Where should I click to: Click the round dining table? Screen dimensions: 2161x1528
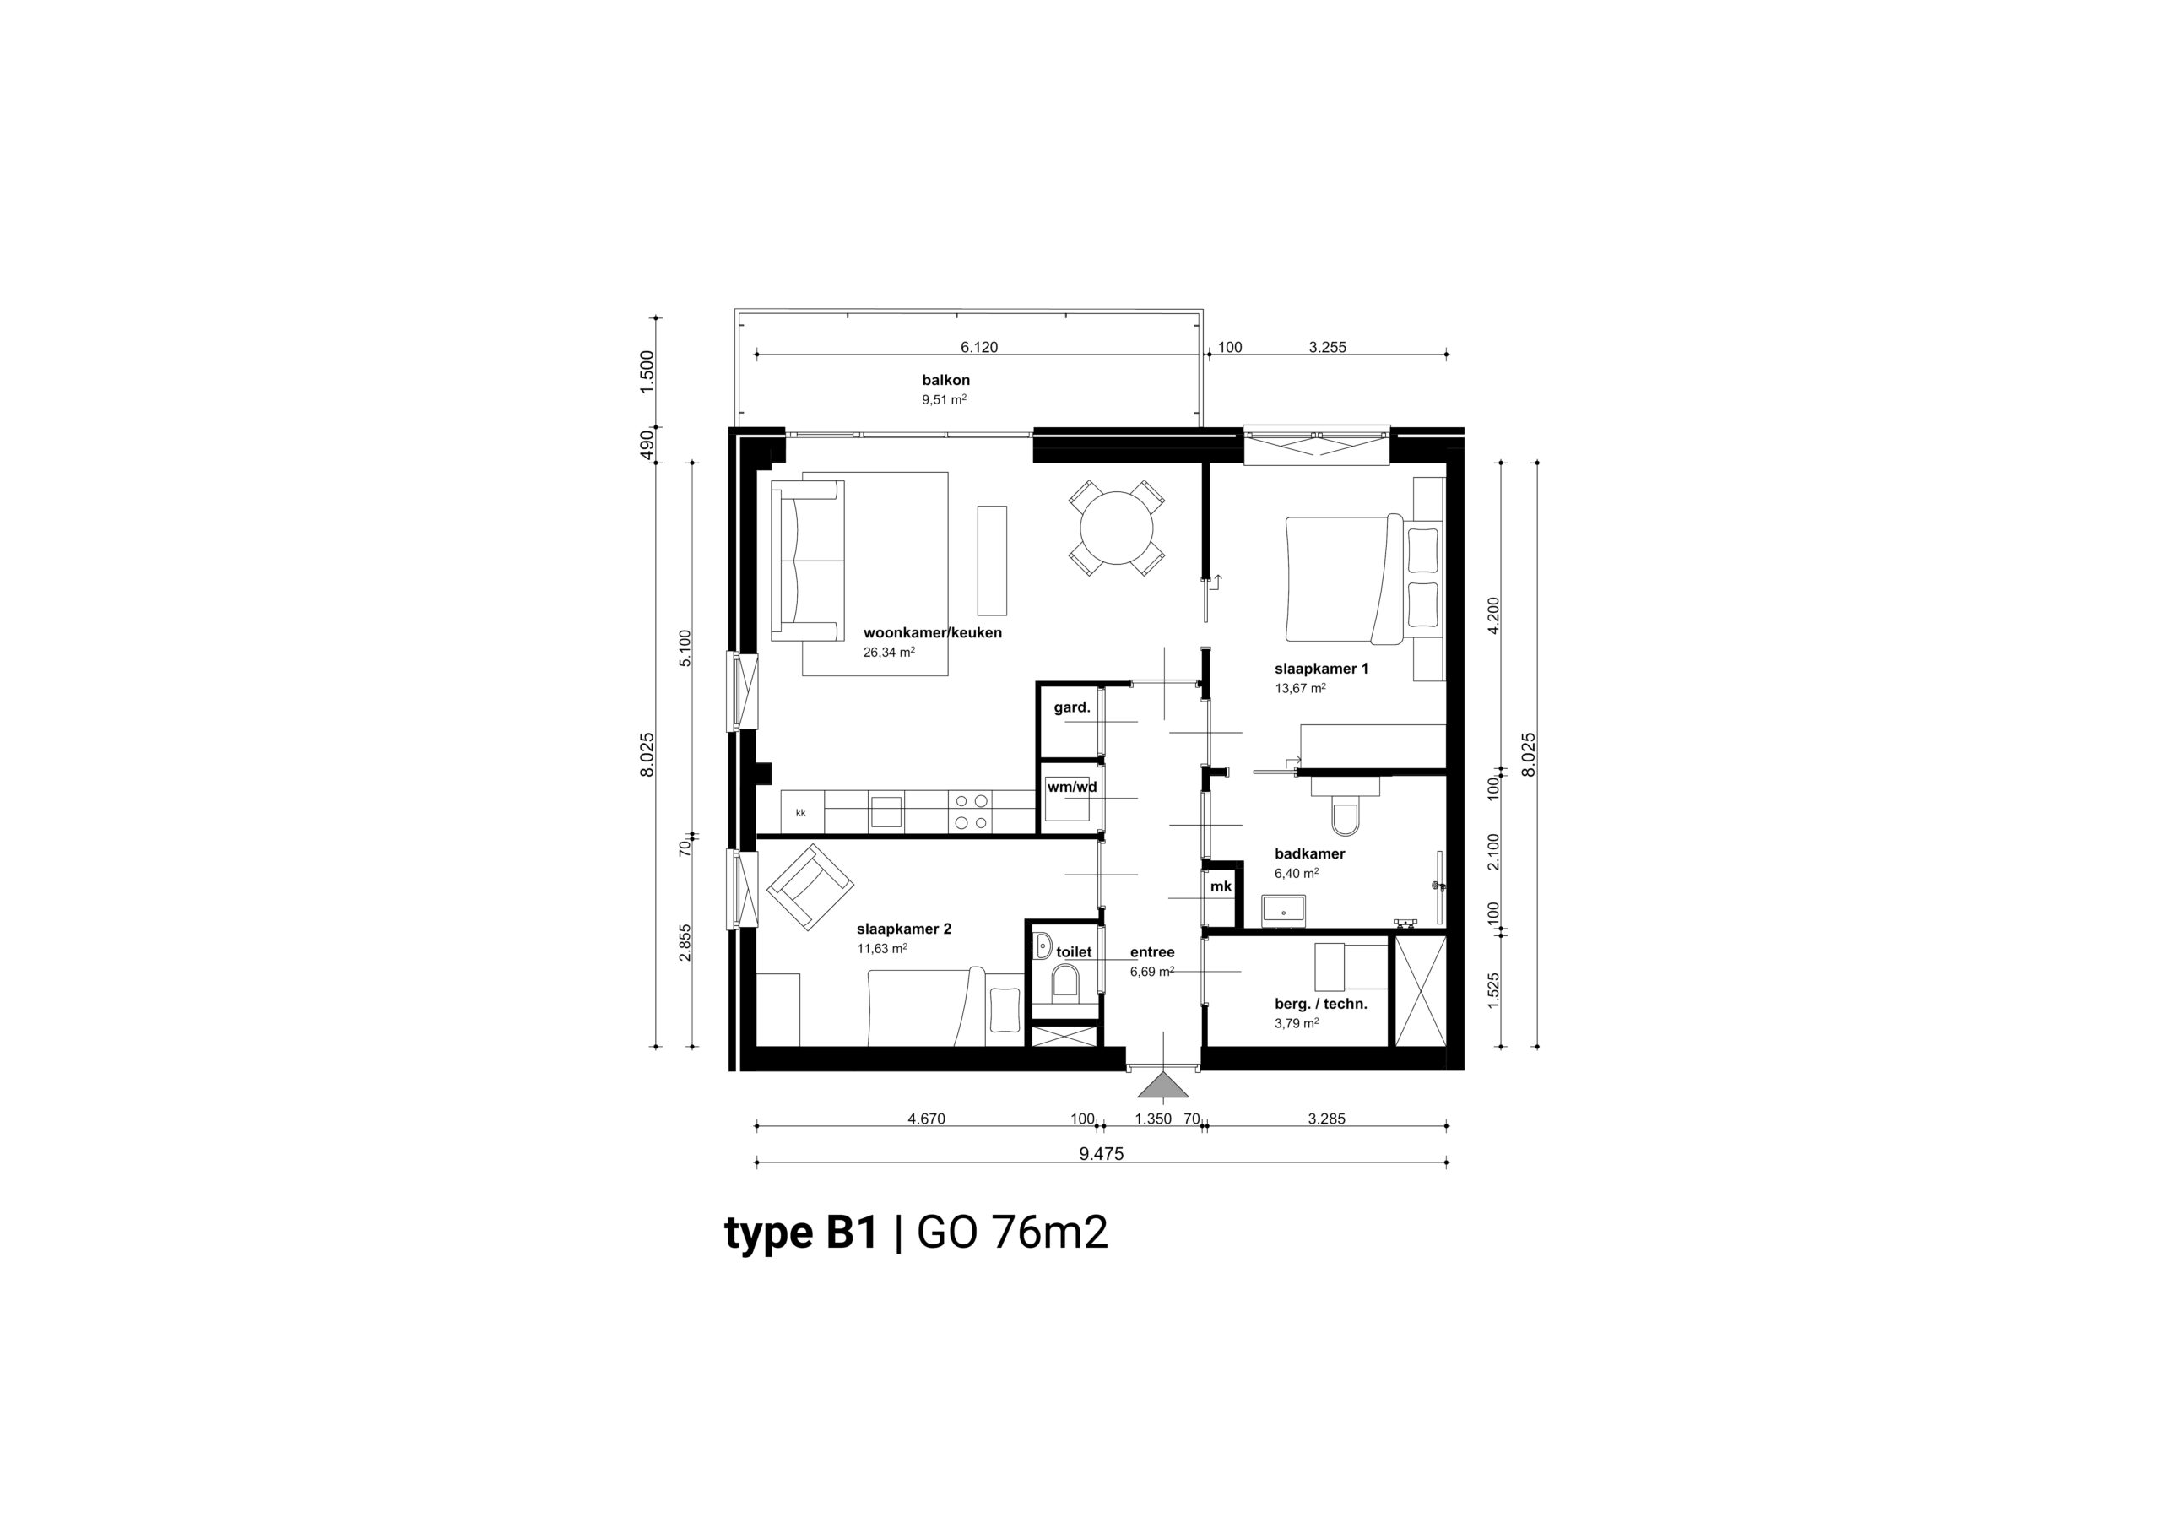(1117, 528)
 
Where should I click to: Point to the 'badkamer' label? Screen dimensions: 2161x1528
(1309, 854)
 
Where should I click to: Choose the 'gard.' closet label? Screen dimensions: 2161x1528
(1072, 707)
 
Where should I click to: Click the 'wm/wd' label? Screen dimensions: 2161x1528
(1072, 787)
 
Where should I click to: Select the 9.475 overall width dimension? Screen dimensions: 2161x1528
(1102, 1154)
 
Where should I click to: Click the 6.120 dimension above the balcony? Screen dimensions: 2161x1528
(979, 348)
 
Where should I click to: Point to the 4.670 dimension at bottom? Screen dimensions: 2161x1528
(926, 1119)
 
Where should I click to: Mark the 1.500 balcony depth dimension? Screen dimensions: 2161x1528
(647, 372)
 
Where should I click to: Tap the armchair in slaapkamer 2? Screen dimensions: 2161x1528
(810, 885)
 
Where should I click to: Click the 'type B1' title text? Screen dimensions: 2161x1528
(800, 1233)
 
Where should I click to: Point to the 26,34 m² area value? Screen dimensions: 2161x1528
(889, 652)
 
